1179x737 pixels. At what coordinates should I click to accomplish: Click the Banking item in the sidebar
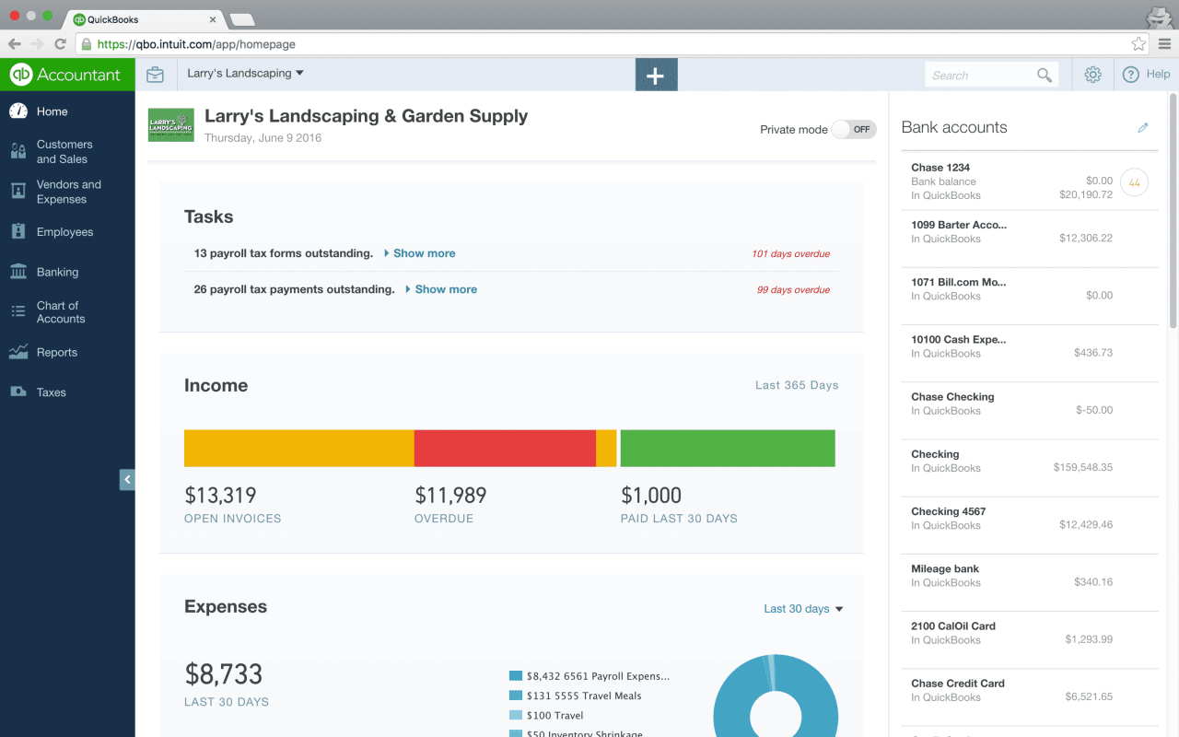pos(57,272)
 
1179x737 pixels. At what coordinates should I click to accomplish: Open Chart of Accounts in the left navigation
pos(60,312)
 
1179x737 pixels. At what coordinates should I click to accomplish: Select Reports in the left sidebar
pos(56,352)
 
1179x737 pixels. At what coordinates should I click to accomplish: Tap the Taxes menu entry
pos(51,392)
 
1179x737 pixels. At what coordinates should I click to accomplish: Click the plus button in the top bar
pos(656,76)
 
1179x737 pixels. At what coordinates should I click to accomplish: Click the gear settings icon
pos(1092,76)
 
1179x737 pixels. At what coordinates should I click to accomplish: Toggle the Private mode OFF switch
pos(853,130)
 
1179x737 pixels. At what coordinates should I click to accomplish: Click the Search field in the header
pos(981,76)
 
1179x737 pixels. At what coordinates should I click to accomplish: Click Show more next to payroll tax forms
pos(424,253)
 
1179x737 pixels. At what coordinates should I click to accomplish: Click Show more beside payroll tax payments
pos(446,289)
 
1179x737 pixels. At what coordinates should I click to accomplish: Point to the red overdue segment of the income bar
pos(505,449)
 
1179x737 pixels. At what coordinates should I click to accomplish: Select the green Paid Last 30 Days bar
pos(728,449)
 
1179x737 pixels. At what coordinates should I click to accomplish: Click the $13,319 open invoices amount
pos(220,496)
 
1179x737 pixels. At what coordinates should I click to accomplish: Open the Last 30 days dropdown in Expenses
pos(803,609)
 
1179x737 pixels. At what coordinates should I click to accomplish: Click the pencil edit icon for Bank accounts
pos(1143,128)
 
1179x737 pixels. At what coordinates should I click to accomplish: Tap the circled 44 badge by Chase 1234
pos(1134,183)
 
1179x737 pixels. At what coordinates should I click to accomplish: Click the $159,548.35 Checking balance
pos(1082,468)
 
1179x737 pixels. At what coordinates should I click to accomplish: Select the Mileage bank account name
pos(945,568)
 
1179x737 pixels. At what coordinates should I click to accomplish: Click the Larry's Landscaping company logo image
pos(171,125)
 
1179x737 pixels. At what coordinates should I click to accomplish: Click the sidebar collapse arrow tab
pos(127,480)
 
